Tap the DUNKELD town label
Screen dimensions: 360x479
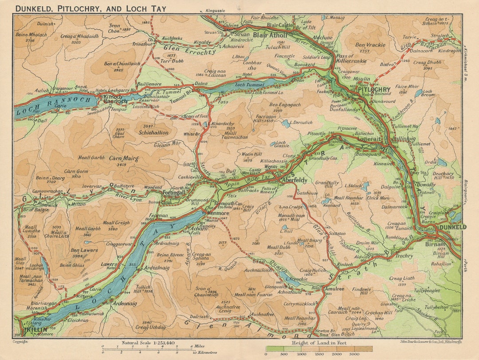pyautogui.click(x=452, y=227)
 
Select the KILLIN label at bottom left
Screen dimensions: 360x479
pyautogui.click(x=32, y=330)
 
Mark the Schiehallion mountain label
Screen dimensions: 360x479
pyautogui.click(x=153, y=132)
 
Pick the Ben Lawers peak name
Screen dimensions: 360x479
pyautogui.click(x=84, y=250)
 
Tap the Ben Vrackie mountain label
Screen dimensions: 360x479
pyautogui.click(x=370, y=45)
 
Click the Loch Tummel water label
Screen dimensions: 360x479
pyautogui.click(x=246, y=84)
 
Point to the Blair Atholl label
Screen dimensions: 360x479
pyautogui.click(x=271, y=34)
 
